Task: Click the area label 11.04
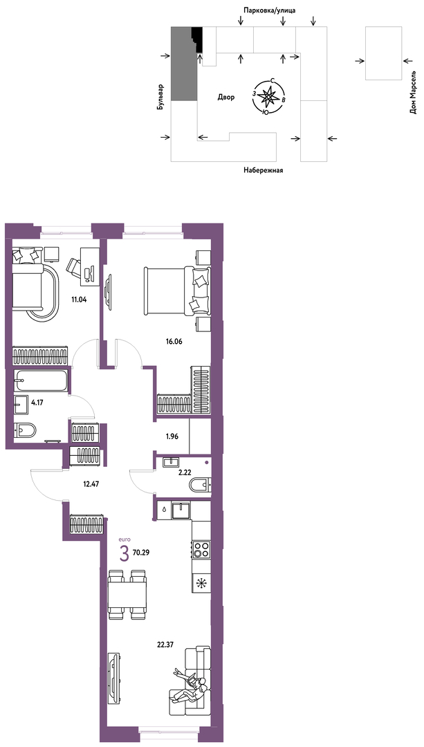click(79, 301)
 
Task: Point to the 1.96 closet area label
click(172, 436)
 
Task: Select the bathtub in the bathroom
click(41, 380)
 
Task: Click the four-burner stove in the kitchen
click(201, 549)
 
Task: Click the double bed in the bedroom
click(176, 290)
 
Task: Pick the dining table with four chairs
click(127, 594)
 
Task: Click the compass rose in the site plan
click(270, 96)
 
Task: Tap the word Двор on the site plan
click(226, 98)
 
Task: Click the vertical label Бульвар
click(161, 98)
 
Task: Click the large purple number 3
click(125, 554)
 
